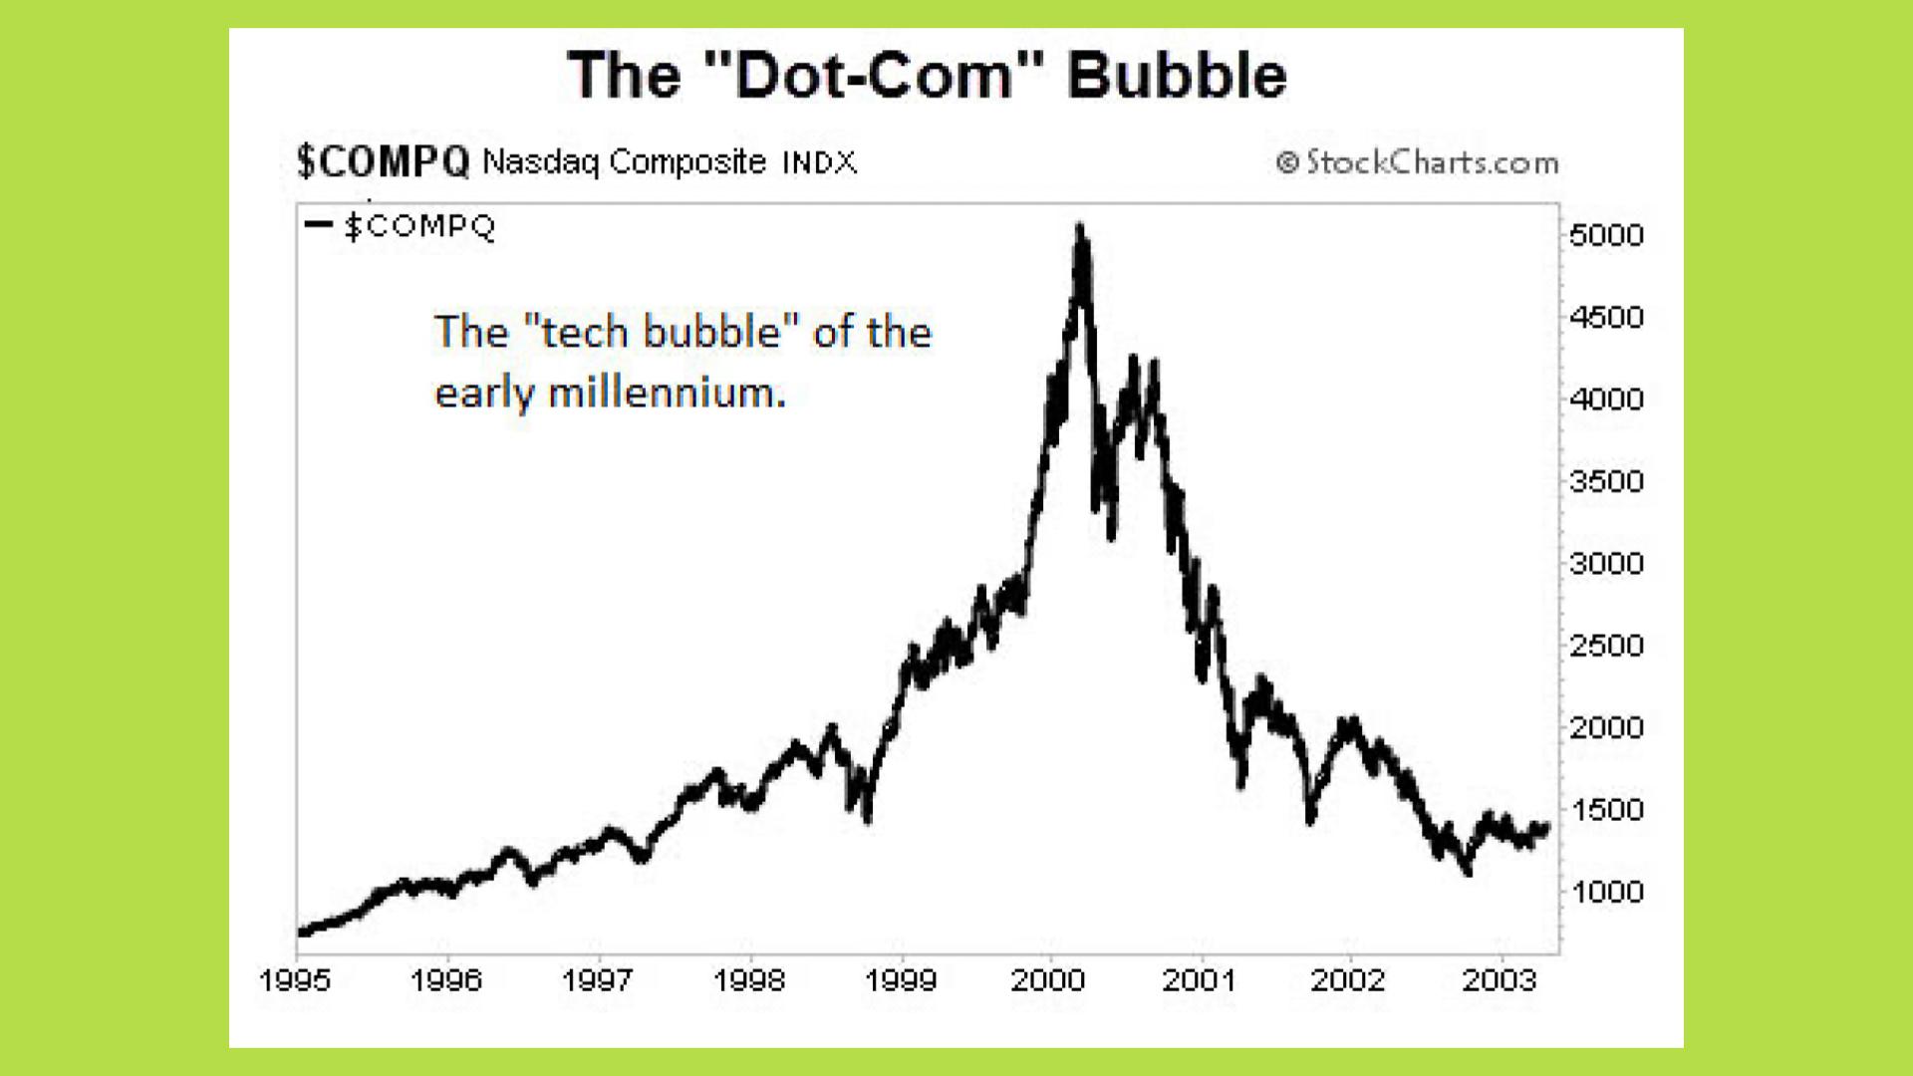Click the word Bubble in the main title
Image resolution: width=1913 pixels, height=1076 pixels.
(1177, 75)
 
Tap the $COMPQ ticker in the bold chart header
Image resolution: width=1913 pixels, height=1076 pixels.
(383, 161)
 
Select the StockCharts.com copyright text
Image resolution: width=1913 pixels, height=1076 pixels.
(1419, 161)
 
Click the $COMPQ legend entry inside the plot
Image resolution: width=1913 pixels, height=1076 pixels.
(419, 226)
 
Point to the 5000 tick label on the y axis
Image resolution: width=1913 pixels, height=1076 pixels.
(1605, 235)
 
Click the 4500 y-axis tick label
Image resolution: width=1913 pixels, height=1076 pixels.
(1605, 317)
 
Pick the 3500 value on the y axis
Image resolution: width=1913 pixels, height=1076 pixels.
(1605, 481)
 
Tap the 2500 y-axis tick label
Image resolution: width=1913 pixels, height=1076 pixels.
(1605, 646)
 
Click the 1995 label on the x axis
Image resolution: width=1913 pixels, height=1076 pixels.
(295, 980)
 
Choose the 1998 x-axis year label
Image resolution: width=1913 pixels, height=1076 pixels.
(748, 980)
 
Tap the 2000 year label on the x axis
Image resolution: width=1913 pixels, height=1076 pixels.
(1047, 980)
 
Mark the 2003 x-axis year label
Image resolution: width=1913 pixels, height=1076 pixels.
(1499, 980)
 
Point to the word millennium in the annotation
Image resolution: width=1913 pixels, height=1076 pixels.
(667, 393)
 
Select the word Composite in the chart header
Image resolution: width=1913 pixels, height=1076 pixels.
(687, 161)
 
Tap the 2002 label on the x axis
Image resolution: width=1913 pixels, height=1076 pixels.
(1347, 980)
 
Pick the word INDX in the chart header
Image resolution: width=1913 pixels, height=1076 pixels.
(819, 162)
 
